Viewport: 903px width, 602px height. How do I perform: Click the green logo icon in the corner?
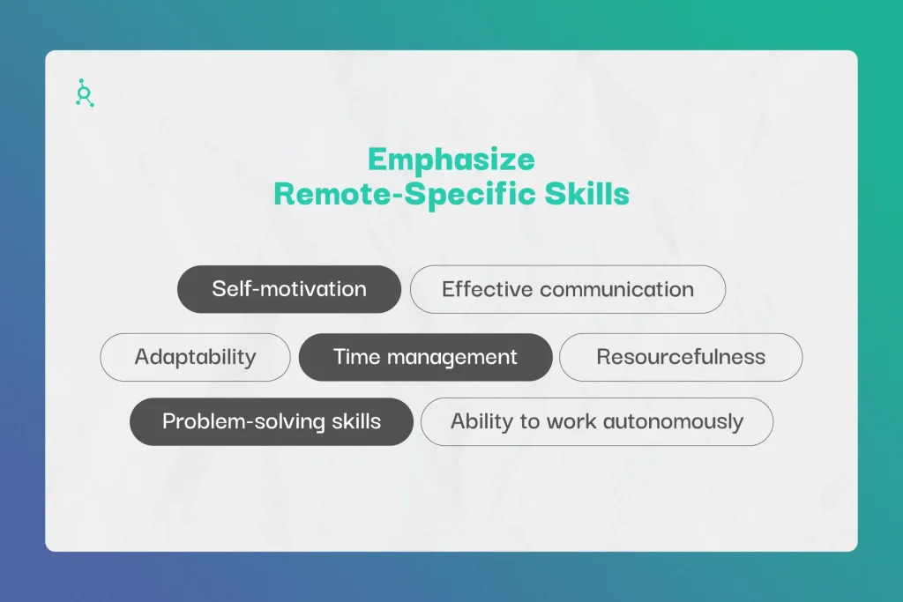[85, 93]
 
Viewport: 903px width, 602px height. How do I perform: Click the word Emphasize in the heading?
[451, 160]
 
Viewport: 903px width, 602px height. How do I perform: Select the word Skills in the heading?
[586, 193]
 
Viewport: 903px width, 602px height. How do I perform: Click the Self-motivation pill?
[289, 289]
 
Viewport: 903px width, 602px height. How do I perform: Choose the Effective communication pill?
[568, 289]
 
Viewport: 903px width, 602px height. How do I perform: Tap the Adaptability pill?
[195, 357]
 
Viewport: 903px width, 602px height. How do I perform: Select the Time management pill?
[426, 357]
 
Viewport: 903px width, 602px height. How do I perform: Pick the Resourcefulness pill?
[681, 357]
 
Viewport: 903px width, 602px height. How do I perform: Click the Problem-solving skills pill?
[272, 421]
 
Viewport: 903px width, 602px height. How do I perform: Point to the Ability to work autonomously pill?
[597, 421]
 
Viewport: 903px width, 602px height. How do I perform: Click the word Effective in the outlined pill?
[487, 289]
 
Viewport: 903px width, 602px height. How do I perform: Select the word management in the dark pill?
[452, 358]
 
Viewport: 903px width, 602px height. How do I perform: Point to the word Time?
[357, 357]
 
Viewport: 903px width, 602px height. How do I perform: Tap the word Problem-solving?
[243, 422]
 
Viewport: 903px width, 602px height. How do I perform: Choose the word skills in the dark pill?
[356, 421]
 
